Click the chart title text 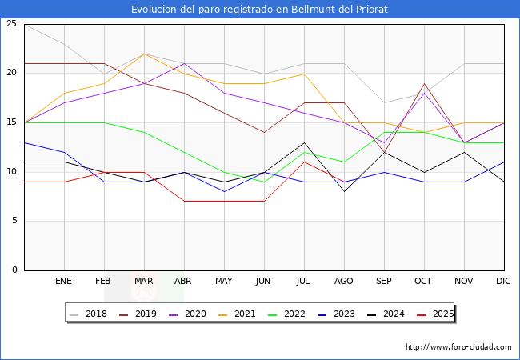260,9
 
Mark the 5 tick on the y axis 14,221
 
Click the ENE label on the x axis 64,282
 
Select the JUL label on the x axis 304,282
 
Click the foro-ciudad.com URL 458,347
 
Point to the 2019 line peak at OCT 424,83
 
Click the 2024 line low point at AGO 344,191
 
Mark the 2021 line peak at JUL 304,74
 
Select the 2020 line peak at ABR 184,64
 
